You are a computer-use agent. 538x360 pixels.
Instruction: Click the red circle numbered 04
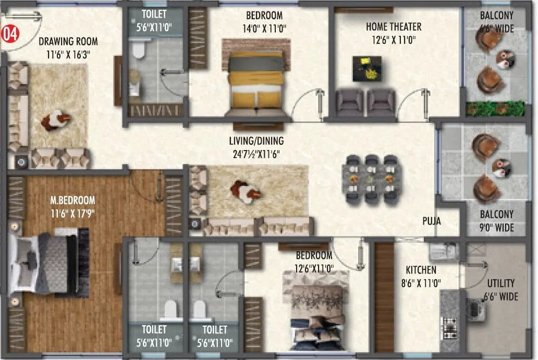coord(9,34)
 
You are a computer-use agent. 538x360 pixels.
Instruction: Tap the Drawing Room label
coord(68,41)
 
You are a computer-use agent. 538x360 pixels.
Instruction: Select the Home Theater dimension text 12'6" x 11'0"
coord(394,39)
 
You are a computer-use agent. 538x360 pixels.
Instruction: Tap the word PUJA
coord(432,221)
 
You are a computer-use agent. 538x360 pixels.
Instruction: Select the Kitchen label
coord(421,270)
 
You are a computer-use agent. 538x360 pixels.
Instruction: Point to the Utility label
coord(500,283)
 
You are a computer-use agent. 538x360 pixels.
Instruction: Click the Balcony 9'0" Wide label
coord(496,221)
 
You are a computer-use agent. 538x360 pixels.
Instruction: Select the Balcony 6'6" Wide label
coord(496,22)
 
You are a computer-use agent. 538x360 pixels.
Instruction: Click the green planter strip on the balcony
coord(494,108)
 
